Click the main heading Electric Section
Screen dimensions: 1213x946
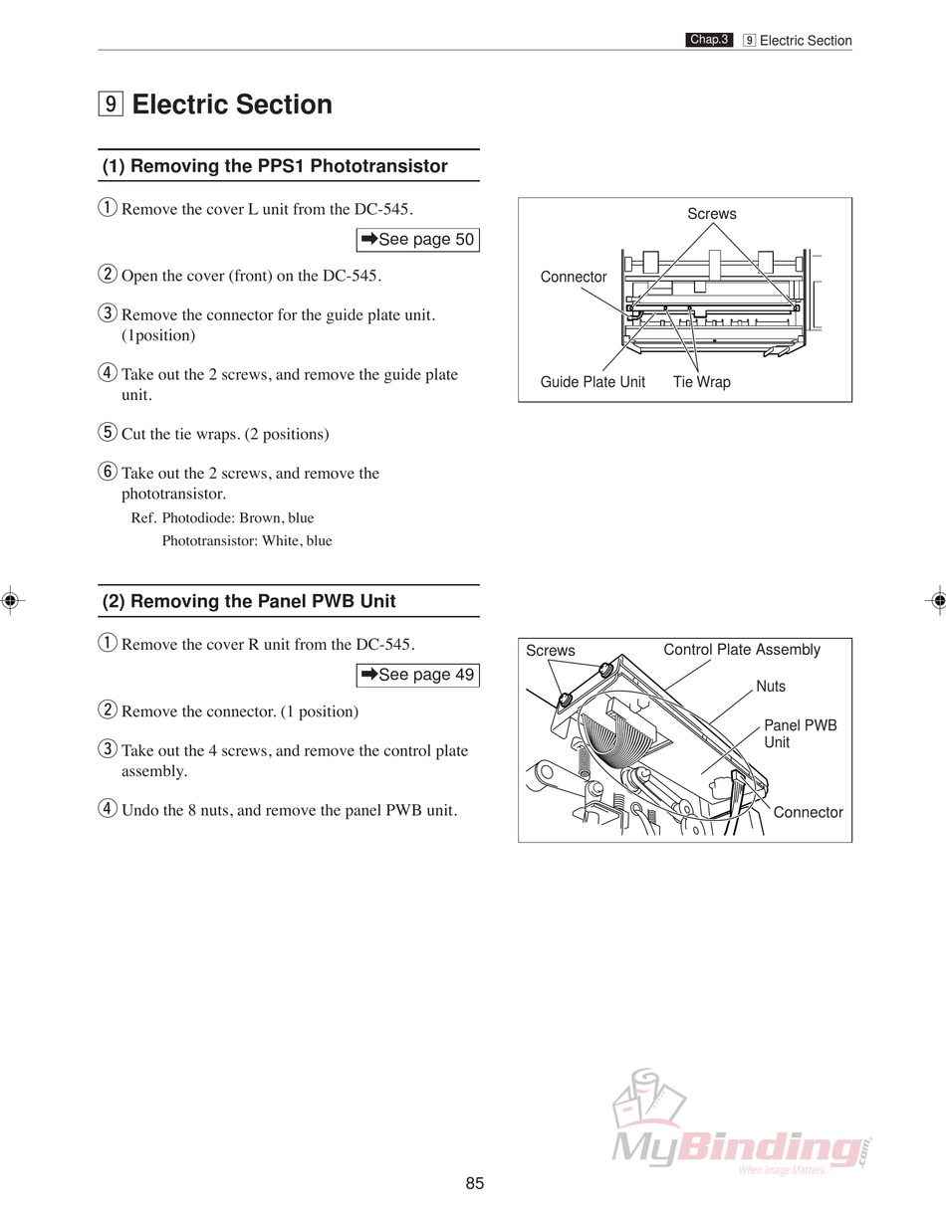pyautogui.click(x=232, y=104)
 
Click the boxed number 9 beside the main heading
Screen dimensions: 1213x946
pyautogui.click(x=110, y=103)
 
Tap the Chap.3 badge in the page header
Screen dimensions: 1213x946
pyautogui.click(x=709, y=40)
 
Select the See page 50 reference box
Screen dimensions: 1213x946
pyautogui.click(x=417, y=240)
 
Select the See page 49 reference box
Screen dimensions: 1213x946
pyautogui.click(x=417, y=675)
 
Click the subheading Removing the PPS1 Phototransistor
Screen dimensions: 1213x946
pyautogui.click(x=275, y=166)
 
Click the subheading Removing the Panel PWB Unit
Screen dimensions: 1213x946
pyautogui.click(x=249, y=601)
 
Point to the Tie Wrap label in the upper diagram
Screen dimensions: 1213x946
pyautogui.click(x=701, y=382)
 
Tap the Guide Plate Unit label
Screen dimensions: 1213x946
pyautogui.click(x=592, y=382)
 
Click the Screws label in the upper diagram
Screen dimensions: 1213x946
pyautogui.click(x=712, y=214)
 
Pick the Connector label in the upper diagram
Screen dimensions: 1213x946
pyautogui.click(x=574, y=277)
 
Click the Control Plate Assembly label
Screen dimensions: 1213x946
pyautogui.click(x=742, y=650)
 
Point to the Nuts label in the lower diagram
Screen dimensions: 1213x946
pyautogui.click(x=771, y=687)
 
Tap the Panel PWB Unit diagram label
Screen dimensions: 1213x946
pyautogui.click(x=800, y=733)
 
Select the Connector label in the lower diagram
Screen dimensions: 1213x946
pyautogui.click(x=808, y=812)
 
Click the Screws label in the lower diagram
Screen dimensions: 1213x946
pyautogui.click(x=551, y=651)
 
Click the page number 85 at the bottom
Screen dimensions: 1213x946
pyautogui.click(x=474, y=1183)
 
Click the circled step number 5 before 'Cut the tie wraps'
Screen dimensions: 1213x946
pyautogui.click(x=108, y=433)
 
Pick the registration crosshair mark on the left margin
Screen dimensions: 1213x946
pyautogui.click(x=9, y=600)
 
